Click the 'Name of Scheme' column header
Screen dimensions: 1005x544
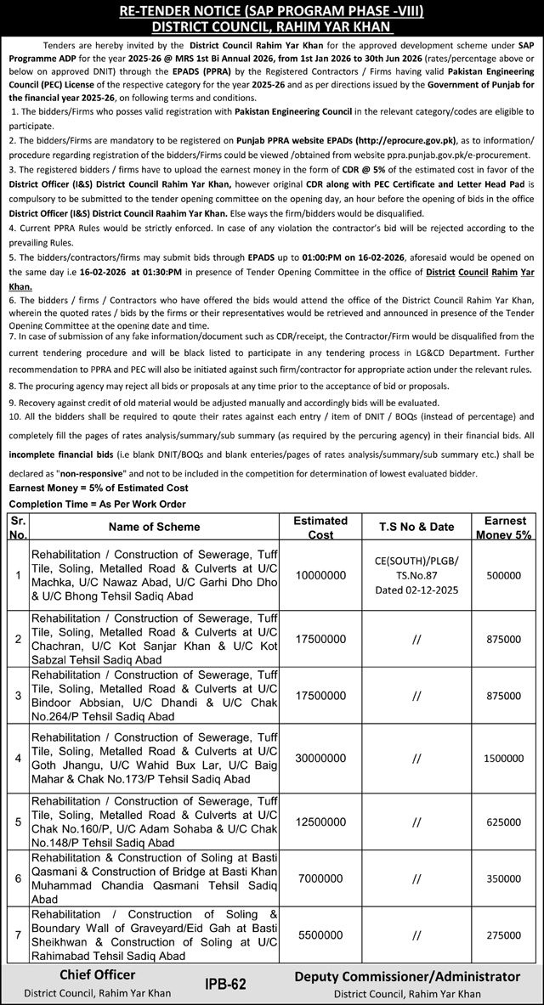(x=150, y=526)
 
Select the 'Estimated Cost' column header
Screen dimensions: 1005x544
(x=320, y=526)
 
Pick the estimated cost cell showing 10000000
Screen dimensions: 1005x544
(x=320, y=574)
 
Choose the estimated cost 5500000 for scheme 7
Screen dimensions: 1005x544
(x=320, y=933)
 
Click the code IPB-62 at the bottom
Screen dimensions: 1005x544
(x=225, y=983)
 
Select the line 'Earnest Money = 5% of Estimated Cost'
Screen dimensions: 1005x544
(x=98, y=488)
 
